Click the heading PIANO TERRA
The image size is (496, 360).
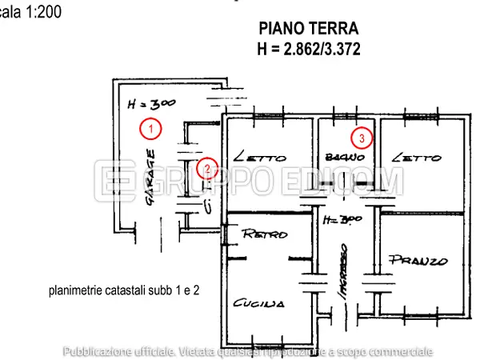[x=309, y=30]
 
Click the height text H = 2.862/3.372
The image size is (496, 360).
[x=309, y=49]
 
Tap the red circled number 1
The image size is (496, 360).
[x=149, y=126]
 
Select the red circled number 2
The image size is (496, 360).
[x=207, y=168]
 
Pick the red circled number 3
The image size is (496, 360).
[x=362, y=138]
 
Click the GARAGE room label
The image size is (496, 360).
[x=150, y=180]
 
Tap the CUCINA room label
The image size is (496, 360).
[x=258, y=304]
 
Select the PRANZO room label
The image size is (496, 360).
[x=418, y=260]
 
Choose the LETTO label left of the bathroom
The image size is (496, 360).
[x=260, y=158]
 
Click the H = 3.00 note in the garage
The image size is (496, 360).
[x=151, y=103]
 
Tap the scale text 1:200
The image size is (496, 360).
[x=30, y=12]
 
